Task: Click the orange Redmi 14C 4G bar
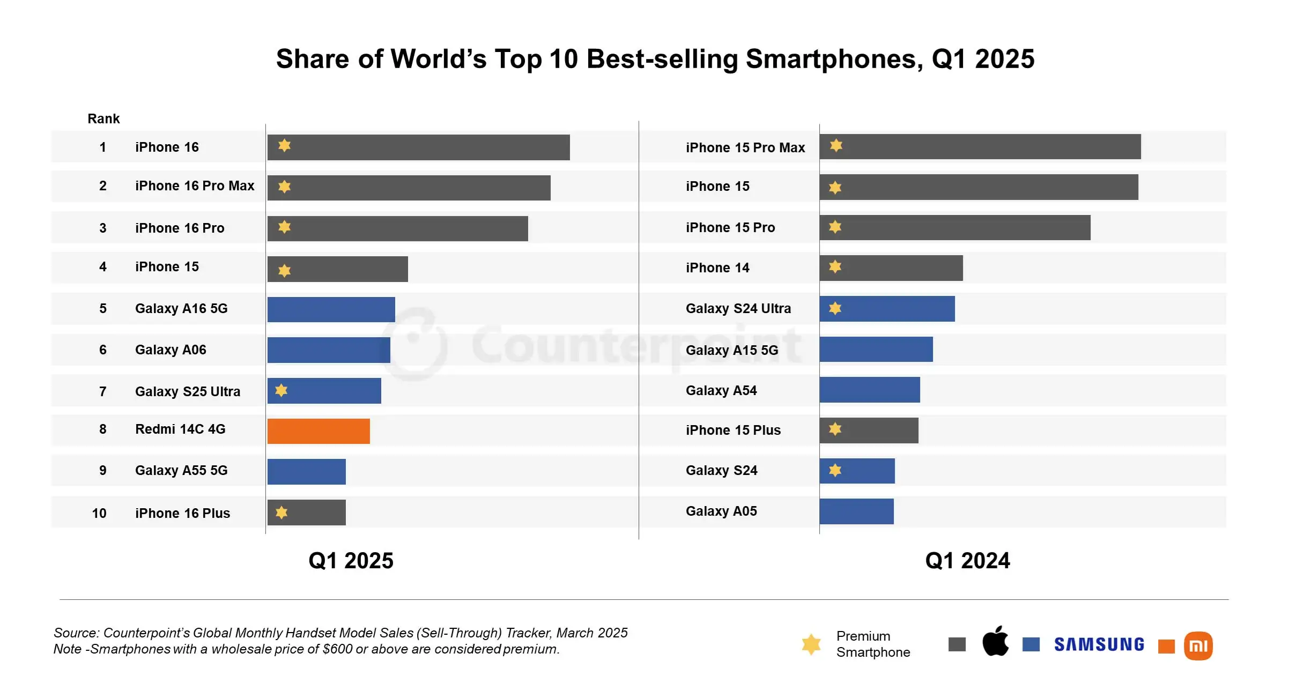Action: tap(318, 431)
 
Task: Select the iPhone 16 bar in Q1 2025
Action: tap(418, 147)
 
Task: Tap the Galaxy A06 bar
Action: tap(329, 350)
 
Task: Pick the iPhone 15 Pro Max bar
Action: tap(980, 146)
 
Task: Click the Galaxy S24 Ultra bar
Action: tap(887, 309)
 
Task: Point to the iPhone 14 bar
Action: tap(891, 268)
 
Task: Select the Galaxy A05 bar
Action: tap(856, 511)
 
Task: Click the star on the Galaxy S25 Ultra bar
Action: tap(281, 390)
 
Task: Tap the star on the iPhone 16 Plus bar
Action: tap(281, 513)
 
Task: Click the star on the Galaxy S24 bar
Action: tap(835, 470)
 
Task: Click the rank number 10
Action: tap(99, 513)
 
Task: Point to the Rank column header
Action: tap(103, 118)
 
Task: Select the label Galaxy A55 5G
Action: tap(181, 471)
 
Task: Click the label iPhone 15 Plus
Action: tap(733, 430)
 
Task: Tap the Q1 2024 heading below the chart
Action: tap(967, 561)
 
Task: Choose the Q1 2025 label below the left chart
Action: tap(351, 561)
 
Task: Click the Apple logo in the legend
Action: tap(995, 641)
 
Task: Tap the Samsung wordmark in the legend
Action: tap(1099, 644)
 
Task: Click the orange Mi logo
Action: tap(1198, 645)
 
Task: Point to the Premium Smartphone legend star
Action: tap(811, 644)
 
